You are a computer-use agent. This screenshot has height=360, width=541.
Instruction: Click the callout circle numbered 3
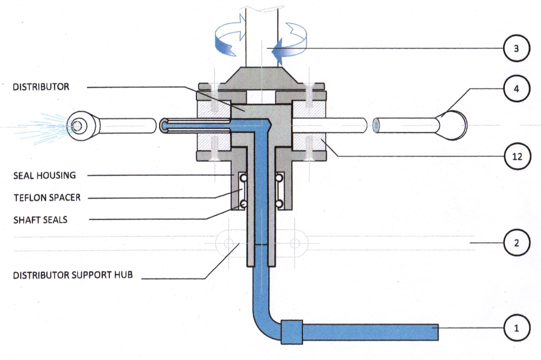[516, 48]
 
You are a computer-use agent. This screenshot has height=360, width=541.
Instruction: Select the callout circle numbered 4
[516, 89]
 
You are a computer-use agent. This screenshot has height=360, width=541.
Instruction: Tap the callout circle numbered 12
[517, 157]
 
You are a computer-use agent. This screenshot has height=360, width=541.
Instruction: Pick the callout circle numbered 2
[516, 243]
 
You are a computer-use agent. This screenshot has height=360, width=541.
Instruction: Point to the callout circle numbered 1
[516, 328]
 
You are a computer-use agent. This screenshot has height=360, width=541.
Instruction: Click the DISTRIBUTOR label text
[41, 86]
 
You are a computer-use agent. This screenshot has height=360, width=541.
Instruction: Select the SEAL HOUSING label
[44, 175]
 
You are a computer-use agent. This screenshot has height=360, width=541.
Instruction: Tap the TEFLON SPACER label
[47, 198]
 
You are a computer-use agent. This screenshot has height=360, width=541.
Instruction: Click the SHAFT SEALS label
[41, 220]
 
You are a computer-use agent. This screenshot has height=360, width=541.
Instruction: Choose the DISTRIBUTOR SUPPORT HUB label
[73, 275]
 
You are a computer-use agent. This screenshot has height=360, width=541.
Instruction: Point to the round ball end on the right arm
[452, 125]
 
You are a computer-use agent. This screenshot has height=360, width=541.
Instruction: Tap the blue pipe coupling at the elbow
[292, 332]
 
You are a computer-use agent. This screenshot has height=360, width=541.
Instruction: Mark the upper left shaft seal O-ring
[243, 178]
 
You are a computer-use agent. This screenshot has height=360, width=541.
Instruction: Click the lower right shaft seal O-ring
[279, 204]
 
